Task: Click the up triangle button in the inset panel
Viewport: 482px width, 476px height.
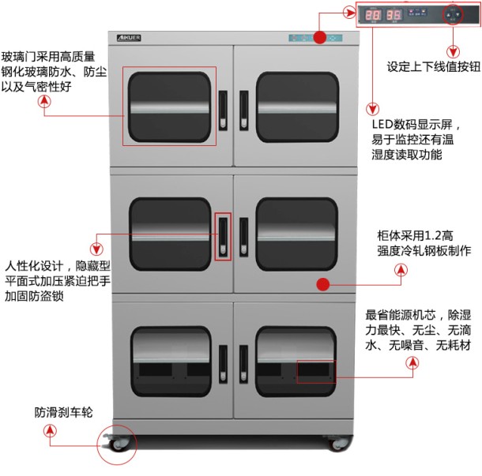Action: tap(453, 11)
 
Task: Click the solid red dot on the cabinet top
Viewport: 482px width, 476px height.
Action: tap(319, 37)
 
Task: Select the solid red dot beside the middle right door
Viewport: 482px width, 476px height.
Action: tap(322, 283)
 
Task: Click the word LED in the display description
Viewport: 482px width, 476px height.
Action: tap(382, 126)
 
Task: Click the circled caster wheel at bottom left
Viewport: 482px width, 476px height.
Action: tap(115, 445)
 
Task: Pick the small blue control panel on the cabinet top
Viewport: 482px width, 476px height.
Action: tap(314, 37)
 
